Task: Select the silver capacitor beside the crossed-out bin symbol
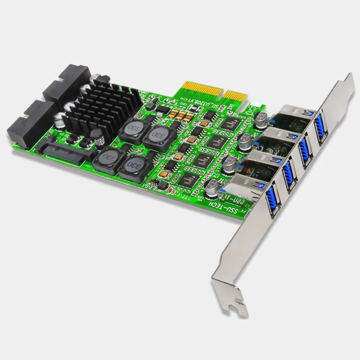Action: (261, 118)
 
